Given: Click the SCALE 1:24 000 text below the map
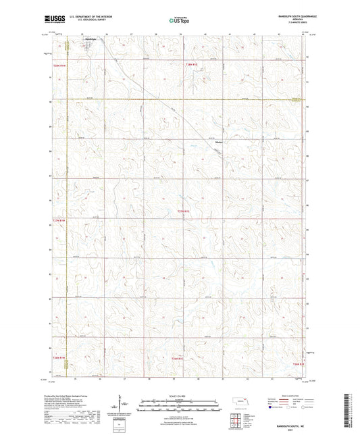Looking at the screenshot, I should [x=180, y=395].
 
